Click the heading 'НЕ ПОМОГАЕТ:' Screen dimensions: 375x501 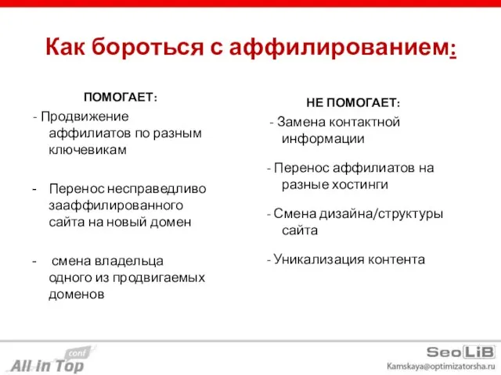(353, 103)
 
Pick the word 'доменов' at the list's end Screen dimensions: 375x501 (77, 294)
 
